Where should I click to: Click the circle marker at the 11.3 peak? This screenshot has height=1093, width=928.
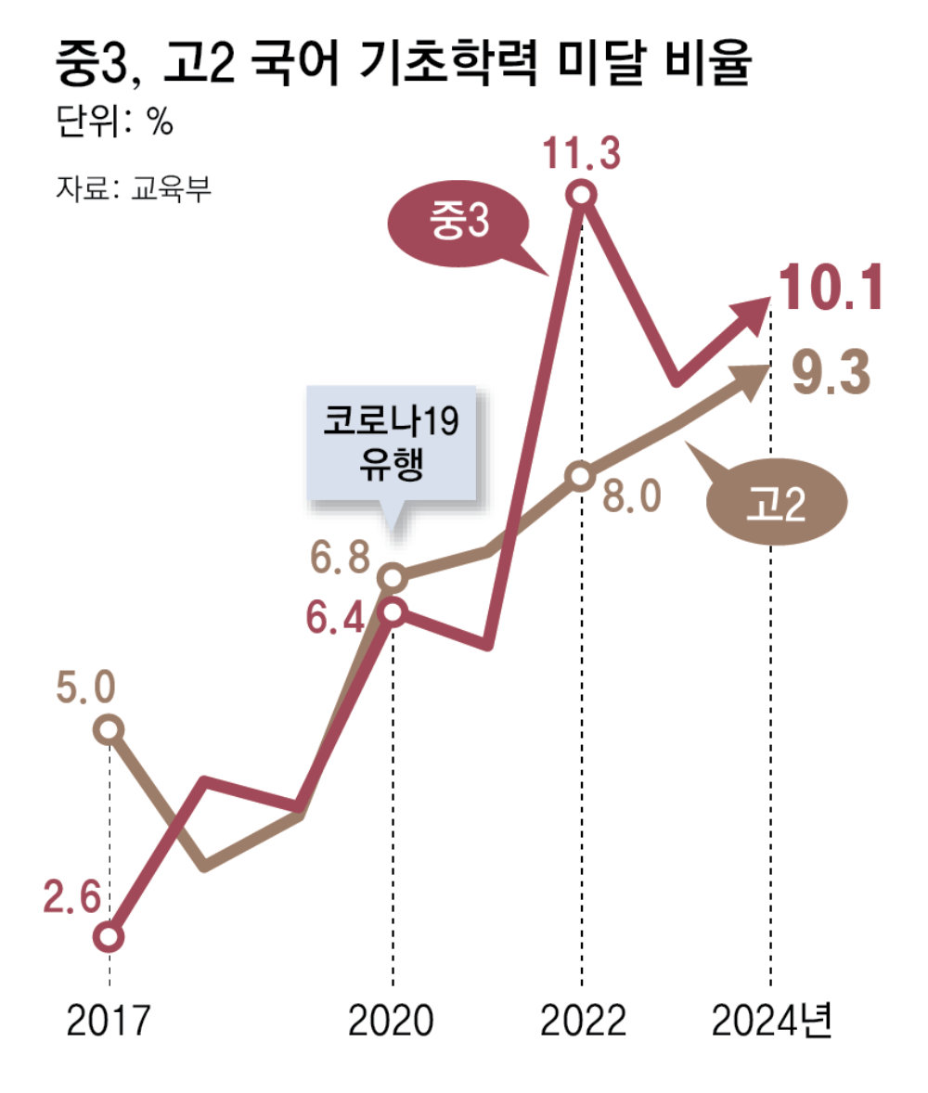coord(582,195)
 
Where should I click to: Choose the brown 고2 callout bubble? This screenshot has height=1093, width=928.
coord(779,506)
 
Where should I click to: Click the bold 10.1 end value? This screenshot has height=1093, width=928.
coord(829,289)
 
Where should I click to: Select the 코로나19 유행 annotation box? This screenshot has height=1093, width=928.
coord(393,446)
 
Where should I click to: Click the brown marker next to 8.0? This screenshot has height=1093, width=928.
coord(581,476)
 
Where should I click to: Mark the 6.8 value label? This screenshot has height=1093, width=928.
coord(340,559)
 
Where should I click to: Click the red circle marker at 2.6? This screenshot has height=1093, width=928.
coord(110,937)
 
